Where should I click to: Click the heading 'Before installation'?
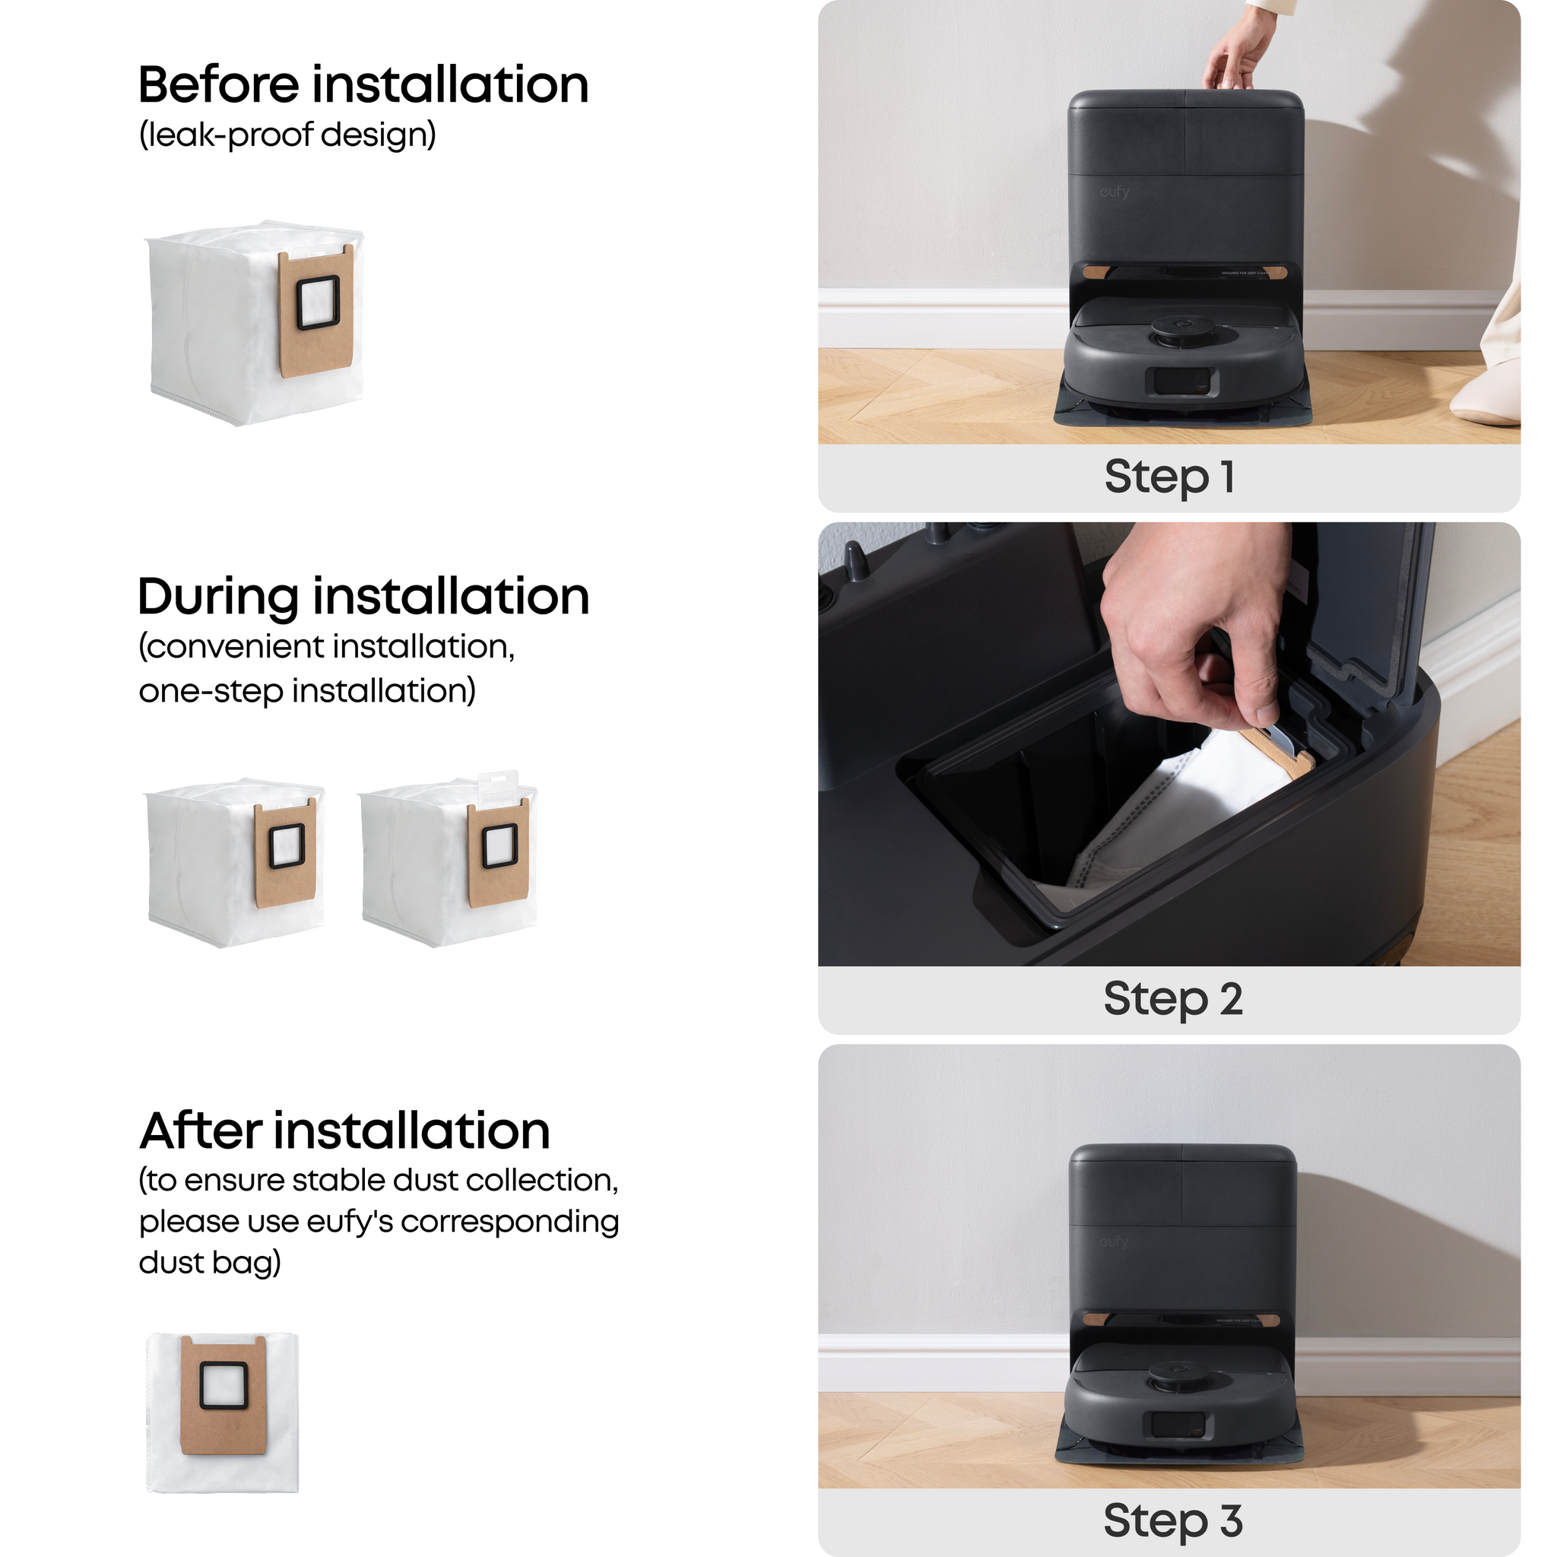click(363, 84)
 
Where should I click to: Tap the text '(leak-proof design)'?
click(287, 135)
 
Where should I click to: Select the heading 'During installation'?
click(363, 597)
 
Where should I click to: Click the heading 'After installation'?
click(345, 1130)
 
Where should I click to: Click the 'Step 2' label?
click(1172, 999)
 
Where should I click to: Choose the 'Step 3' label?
click(1172, 1521)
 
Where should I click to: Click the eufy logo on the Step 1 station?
click(1115, 192)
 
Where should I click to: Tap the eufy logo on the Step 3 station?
click(1114, 1242)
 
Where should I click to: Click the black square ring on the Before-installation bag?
click(319, 303)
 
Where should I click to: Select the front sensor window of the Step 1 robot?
click(1182, 382)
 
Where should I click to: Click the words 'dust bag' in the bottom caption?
click(209, 1263)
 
